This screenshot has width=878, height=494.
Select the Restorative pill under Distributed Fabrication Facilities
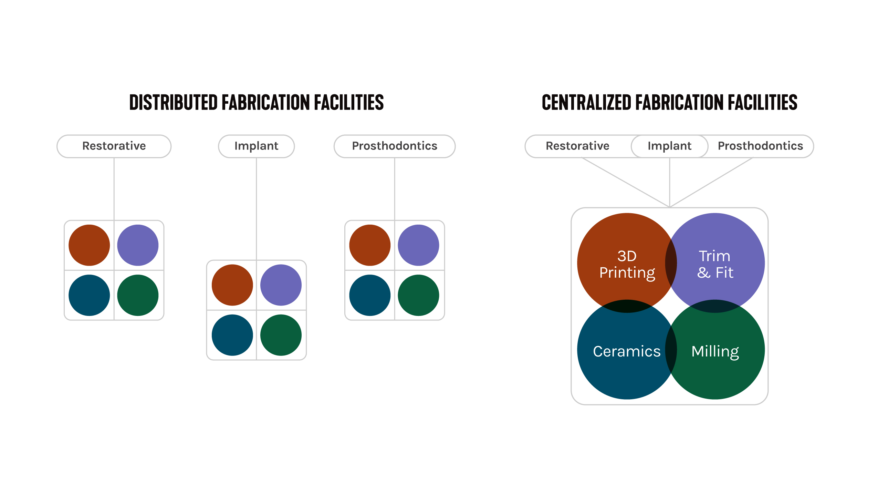click(114, 146)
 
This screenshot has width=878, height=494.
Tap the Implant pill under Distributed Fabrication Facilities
click(256, 146)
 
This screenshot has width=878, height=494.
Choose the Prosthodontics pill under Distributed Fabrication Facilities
click(395, 146)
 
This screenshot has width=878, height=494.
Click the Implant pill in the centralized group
click(669, 146)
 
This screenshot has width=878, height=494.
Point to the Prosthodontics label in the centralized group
click(760, 146)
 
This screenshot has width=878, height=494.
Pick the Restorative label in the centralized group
click(577, 146)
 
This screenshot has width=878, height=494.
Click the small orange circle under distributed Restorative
click(89, 245)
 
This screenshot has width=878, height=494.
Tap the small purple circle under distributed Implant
click(281, 285)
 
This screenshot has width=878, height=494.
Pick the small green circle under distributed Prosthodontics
click(418, 295)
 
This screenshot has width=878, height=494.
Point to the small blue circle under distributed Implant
click(232, 335)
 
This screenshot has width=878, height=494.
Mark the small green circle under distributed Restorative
click(138, 295)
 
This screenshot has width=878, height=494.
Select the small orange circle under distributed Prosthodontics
click(370, 245)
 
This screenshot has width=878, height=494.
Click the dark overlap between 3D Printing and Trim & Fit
click(671, 263)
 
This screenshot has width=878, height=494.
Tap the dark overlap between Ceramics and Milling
click(671, 350)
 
